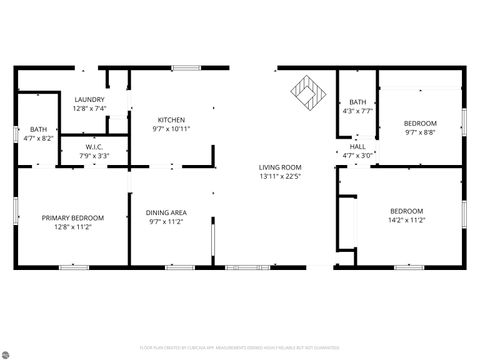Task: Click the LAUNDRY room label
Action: [90, 99]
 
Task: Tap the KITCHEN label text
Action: [170, 120]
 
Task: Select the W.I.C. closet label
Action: [95, 147]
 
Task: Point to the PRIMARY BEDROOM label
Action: [72, 218]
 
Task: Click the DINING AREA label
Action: [167, 212]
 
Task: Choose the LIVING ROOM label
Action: [280, 167]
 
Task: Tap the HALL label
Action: [358, 146]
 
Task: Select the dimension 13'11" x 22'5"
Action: [280, 176]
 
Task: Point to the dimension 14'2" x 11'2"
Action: [406, 220]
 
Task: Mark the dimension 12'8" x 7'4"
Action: [90, 108]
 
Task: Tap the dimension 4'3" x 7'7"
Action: [358, 111]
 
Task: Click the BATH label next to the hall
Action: [358, 102]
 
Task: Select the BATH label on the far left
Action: [38, 129]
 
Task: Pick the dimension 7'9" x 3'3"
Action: [95, 156]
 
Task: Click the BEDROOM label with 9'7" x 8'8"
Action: [420, 122]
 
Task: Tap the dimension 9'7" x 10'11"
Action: [170, 129]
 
